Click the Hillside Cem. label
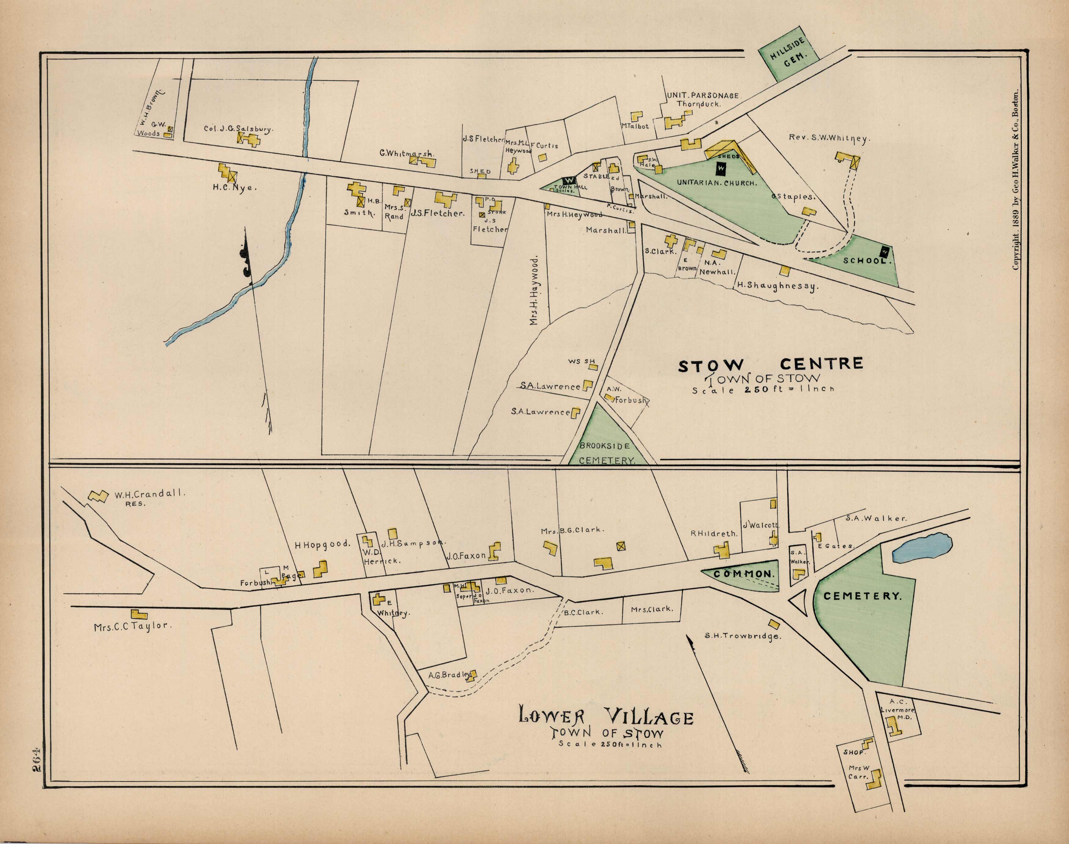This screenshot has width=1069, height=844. (x=789, y=57)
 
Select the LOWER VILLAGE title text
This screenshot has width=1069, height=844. (x=606, y=716)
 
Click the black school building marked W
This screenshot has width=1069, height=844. (x=885, y=252)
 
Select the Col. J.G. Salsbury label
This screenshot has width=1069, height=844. (x=238, y=129)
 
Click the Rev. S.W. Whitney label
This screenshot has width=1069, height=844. (x=828, y=138)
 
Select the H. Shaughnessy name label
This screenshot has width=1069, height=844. (x=777, y=285)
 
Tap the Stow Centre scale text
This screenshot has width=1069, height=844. (x=763, y=389)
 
